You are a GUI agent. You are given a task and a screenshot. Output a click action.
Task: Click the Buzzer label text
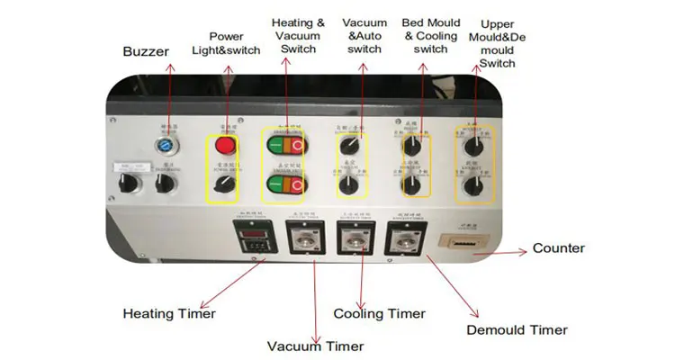pyautogui.click(x=146, y=51)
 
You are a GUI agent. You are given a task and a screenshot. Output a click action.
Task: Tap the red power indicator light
pyautogui.click(x=225, y=146)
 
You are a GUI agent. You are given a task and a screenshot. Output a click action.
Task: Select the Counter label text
pyautogui.click(x=558, y=247)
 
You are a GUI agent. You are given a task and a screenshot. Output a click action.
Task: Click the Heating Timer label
pyautogui.click(x=169, y=313)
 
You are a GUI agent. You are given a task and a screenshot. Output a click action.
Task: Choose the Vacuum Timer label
pyautogui.click(x=315, y=346)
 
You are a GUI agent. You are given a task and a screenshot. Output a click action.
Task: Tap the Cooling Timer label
pyautogui.click(x=379, y=313)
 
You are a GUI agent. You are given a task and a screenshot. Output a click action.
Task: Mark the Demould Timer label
pyautogui.click(x=517, y=329)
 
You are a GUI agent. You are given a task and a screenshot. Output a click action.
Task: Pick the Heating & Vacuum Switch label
pyautogui.click(x=298, y=35)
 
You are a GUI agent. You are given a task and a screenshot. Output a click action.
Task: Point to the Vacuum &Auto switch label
pyautogui.click(x=364, y=35)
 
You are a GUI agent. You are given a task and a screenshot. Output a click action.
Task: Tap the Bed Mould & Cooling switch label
pyautogui.click(x=430, y=35)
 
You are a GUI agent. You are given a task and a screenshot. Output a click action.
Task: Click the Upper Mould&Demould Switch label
pyautogui.click(x=497, y=43)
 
